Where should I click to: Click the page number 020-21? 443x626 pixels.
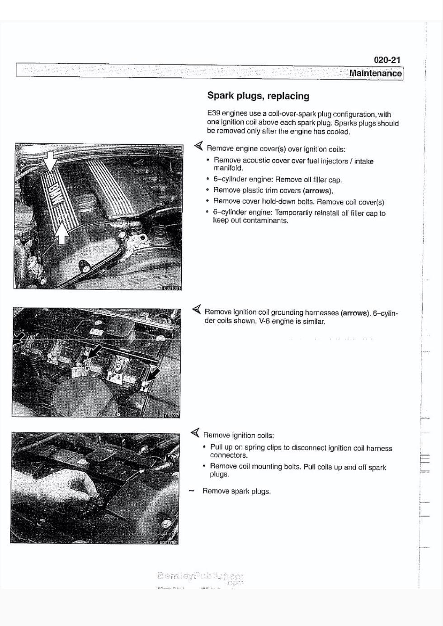[x=387, y=60]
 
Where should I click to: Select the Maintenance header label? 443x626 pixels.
[x=375, y=73]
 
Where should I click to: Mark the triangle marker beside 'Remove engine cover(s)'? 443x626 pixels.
[x=198, y=146]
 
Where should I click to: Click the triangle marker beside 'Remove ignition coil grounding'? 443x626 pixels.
[x=196, y=309]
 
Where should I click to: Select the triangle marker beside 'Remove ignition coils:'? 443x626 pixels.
[x=195, y=433]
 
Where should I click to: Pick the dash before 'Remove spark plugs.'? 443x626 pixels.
[x=192, y=491]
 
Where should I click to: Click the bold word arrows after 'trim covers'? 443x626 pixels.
[x=318, y=191]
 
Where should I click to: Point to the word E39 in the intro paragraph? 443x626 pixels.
[x=213, y=114]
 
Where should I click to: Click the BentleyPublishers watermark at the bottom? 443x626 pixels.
[x=201, y=577]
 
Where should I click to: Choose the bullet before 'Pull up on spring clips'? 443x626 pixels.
[x=204, y=447]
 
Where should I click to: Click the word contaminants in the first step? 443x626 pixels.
[x=265, y=221]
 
